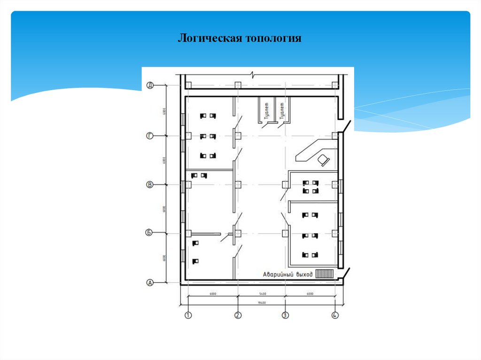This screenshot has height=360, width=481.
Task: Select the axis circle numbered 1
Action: pyautogui.click(x=188, y=315)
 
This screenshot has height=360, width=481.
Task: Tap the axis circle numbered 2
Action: pyautogui.click(x=238, y=315)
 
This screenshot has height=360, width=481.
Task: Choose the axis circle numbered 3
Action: pyautogui.click(x=285, y=315)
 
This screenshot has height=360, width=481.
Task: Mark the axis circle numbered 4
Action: pyautogui.click(x=335, y=315)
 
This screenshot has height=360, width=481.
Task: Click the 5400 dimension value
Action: pyautogui.click(x=262, y=294)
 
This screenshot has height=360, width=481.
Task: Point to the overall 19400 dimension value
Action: pyautogui.click(x=262, y=303)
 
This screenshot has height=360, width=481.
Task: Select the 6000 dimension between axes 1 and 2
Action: pyautogui.click(x=213, y=294)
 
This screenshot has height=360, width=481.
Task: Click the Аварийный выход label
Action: pyautogui.click(x=287, y=274)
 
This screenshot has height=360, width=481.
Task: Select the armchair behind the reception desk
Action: pyautogui.click(x=324, y=160)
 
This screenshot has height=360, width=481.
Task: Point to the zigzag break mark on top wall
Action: pyautogui.click(x=254, y=75)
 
